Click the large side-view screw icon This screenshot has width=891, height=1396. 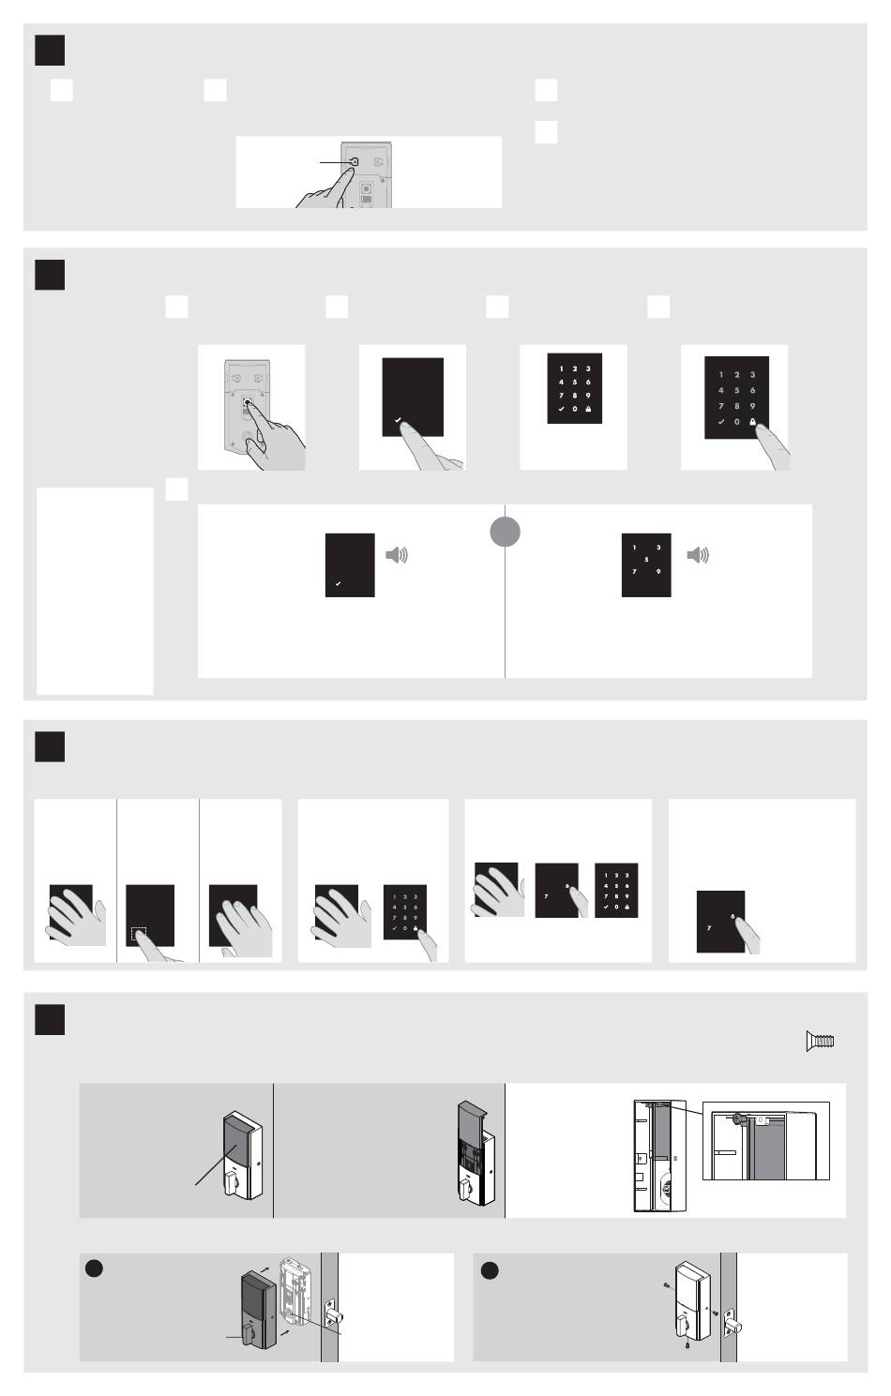tap(820, 1041)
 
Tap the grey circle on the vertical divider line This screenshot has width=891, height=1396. tap(505, 532)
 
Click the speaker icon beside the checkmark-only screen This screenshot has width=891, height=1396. tap(397, 555)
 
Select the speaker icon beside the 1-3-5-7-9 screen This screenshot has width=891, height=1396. tap(698, 555)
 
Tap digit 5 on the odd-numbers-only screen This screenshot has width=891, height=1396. tap(646, 560)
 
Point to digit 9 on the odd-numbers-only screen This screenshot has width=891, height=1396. tap(658, 572)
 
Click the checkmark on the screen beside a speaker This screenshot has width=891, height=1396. tap(338, 584)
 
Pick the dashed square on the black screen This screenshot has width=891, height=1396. tap(139, 934)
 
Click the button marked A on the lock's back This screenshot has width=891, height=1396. tap(355, 161)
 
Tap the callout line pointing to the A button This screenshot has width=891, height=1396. tap(336, 162)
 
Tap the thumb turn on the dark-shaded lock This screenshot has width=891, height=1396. tap(249, 1332)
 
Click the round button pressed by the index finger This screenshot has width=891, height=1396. tap(248, 402)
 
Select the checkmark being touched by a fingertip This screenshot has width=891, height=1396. tap(399, 421)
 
